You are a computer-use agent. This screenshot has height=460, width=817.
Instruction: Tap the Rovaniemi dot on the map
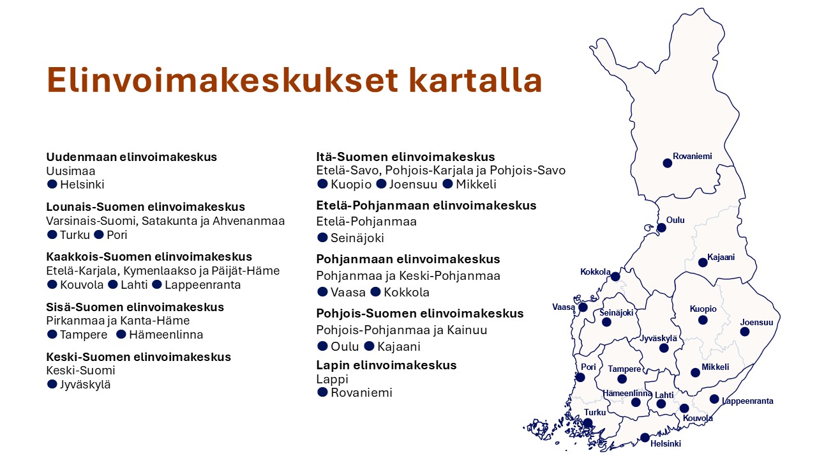667,163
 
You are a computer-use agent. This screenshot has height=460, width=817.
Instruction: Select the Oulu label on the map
675,220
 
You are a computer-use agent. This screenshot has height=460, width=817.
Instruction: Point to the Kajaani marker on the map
703,263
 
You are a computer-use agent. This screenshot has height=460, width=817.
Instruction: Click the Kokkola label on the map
596,272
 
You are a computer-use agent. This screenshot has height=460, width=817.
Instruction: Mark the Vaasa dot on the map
583,307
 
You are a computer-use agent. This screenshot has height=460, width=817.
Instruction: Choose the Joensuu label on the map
756,323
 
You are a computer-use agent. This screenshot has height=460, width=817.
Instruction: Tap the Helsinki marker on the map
645,438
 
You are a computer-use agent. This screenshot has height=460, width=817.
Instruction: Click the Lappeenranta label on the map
747,401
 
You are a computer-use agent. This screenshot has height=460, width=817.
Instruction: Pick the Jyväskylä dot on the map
664,348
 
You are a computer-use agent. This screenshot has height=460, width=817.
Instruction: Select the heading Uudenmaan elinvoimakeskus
131,157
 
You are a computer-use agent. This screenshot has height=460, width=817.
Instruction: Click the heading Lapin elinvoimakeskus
386,365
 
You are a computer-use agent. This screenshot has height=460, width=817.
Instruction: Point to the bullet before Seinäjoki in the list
322,238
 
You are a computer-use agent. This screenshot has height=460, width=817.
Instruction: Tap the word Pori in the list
117,234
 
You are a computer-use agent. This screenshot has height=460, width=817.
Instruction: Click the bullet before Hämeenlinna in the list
121,334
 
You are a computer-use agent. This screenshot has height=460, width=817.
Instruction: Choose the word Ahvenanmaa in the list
248,221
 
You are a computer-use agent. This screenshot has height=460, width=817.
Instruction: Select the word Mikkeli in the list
476,185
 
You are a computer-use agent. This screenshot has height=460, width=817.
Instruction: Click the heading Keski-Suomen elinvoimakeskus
139,356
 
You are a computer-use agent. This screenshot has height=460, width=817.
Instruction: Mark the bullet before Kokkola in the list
375,292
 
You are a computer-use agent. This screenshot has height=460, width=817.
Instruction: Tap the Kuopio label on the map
703,309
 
